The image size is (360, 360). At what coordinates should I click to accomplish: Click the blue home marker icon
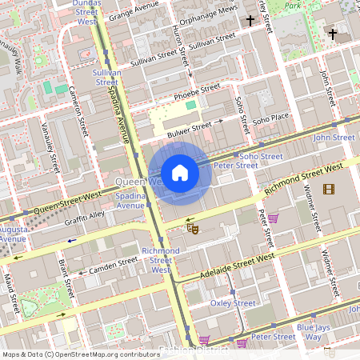tap(180, 173)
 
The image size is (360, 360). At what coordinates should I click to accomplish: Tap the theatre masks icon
tap(192, 228)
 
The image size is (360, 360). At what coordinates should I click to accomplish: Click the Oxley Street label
tap(233, 303)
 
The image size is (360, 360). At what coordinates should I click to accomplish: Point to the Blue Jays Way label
tap(309, 332)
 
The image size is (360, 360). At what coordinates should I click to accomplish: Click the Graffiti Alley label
tap(85, 215)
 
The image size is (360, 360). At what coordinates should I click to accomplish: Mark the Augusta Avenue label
tap(12, 233)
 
